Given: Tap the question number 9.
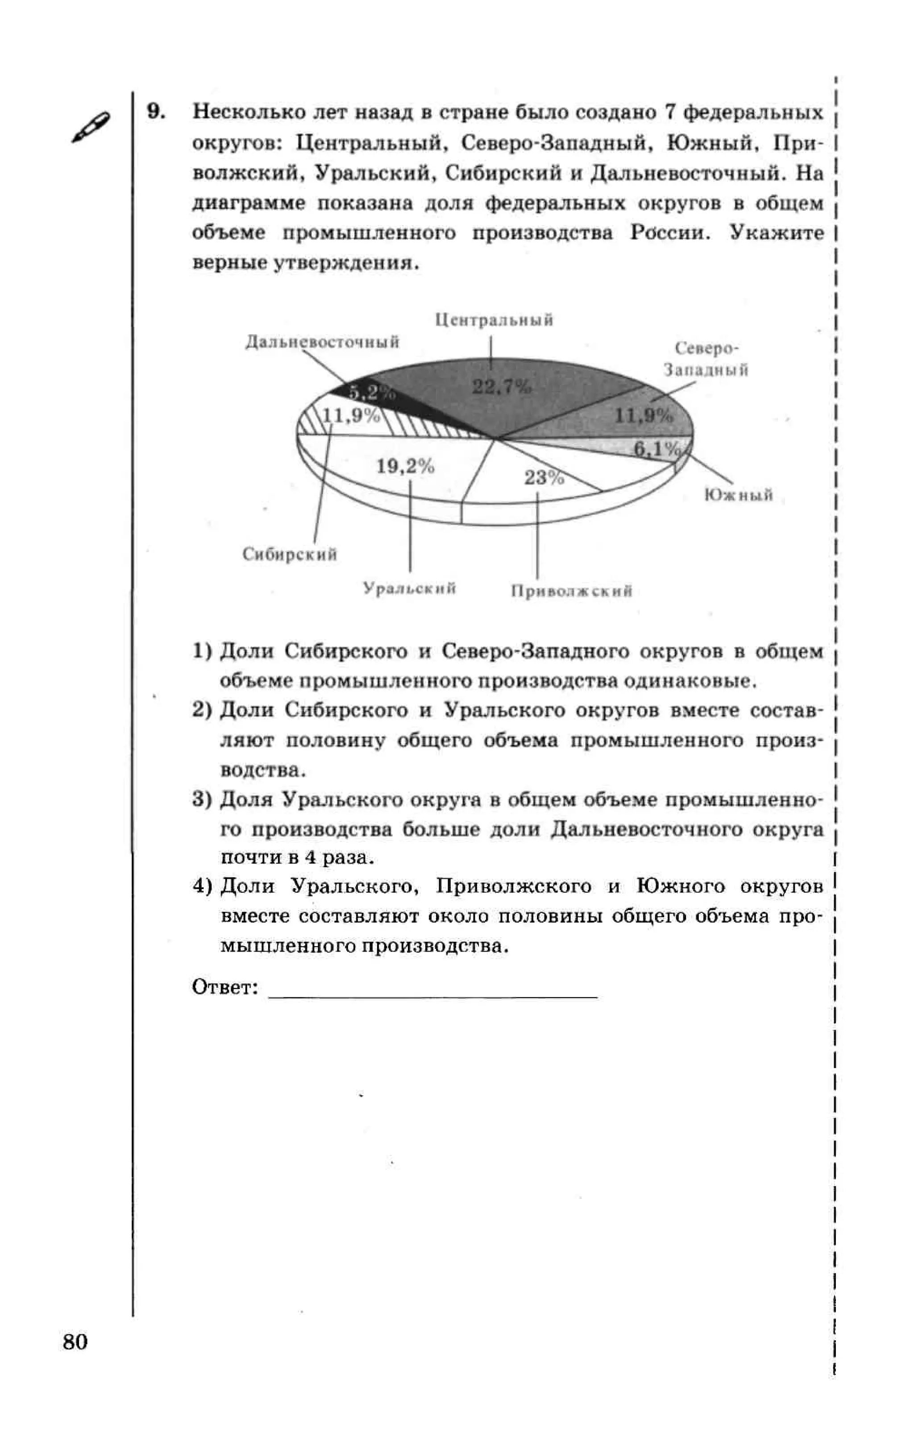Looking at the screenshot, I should coord(156,112).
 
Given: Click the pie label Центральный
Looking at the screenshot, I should coord(494,320).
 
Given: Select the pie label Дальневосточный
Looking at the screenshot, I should coord(322,342).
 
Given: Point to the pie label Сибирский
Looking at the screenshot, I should coord(289,554).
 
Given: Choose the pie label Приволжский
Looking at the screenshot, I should coord(571,591).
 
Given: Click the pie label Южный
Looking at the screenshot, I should coord(738,495).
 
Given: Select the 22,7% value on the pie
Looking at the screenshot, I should coord(501,386).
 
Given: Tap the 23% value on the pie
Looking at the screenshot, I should coord(543,477).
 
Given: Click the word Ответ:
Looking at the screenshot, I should coord(224,987).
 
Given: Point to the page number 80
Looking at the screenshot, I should coord(75,1342).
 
